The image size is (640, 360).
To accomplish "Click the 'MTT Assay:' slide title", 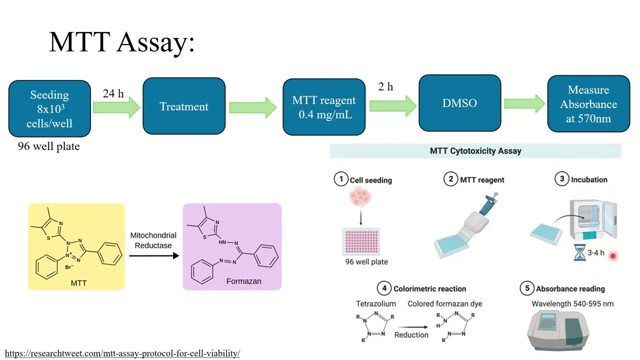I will tap(121, 41).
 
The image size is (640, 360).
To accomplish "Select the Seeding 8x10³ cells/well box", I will tap(49, 109).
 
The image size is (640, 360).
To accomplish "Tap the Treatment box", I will tap(184, 106).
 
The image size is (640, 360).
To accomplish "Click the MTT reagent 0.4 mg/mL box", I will tap(324, 107).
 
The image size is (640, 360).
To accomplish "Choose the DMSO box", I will tap(459, 103).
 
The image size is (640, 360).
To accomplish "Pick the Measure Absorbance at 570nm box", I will tap(588, 104).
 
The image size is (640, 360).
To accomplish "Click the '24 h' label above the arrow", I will tap(113, 93).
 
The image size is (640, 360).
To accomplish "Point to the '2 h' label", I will tap(385, 86).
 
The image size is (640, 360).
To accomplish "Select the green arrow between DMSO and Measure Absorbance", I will tap(524, 103).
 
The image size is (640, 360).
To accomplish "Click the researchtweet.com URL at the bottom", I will tap(122, 353).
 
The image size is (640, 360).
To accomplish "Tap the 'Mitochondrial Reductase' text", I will tap(153, 240).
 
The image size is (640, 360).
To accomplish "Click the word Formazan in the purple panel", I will tap(243, 281).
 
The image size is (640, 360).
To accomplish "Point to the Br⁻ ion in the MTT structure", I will tap(69, 267).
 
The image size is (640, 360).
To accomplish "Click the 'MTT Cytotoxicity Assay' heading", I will tap(475, 150).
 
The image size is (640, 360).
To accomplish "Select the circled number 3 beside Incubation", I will tap(561, 179).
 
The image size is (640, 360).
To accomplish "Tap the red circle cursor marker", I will tap(612, 256).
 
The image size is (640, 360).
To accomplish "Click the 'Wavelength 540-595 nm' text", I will tap(572, 303).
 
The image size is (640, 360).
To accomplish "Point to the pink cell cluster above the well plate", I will tap(360, 197).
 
